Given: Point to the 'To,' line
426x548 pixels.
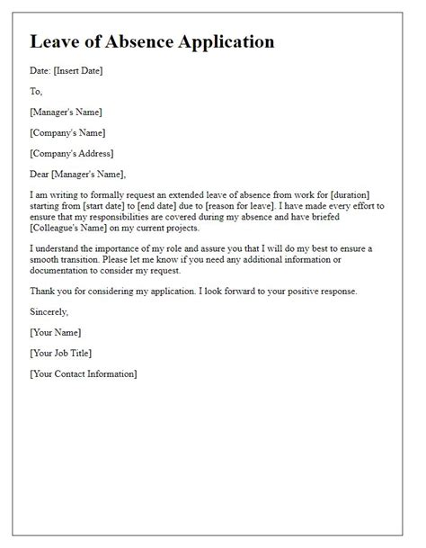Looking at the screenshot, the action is pyautogui.click(x=35, y=91).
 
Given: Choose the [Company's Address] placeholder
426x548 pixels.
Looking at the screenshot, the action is pyautogui.click(x=72, y=153).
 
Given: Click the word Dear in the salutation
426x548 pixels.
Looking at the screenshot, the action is pyautogui.click(x=40, y=174).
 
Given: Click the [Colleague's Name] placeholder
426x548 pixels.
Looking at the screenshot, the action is pyautogui.click(x=72, y=229).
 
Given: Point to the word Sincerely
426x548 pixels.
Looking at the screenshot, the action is pyautogui.click(x=49, y=311).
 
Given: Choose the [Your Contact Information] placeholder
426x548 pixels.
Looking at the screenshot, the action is pyautogui.click(x=84, y=373).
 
